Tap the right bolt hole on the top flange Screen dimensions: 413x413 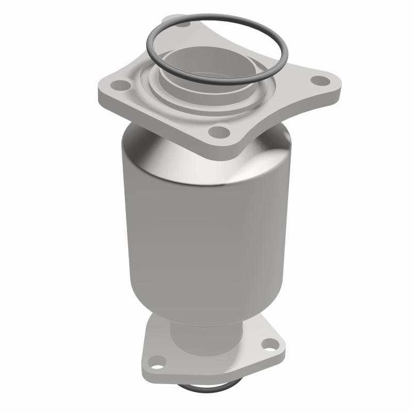[x=322, y=81]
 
